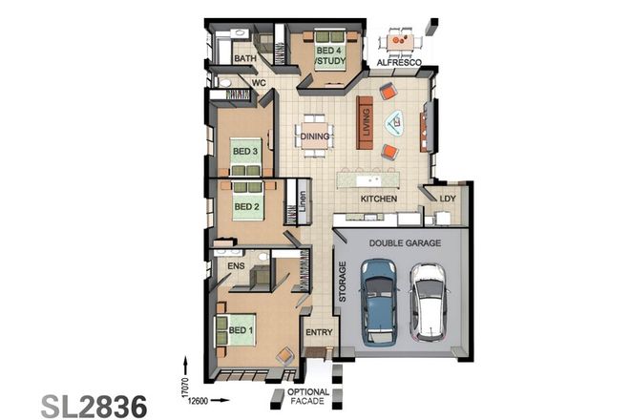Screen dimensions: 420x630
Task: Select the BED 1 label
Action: pyautogui.click(x=241, y=330)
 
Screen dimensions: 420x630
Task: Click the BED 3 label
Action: pyautogui.click(x=245, y=151)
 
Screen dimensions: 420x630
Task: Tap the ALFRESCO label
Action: pyautogui.click(x=400, y=63)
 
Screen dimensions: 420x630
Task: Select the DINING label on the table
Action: pyautogui.click(x=315, y=136)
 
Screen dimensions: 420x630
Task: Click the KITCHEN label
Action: pyautogui.click(x=378, y=199)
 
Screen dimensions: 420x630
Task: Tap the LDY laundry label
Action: pyautogui.click(x=447, y=199)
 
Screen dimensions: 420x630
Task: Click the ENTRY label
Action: pyautogui.click(x=317, y=332)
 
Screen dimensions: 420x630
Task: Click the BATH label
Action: pyautogui.click(x=245, y=59)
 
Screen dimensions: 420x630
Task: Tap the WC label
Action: pyautogui.click(x=258, y=83)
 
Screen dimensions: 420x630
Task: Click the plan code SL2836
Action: pyautogui.click(x=94, y=404)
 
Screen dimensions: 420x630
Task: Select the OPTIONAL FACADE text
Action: pyautogui.click(x=308, y=397)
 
